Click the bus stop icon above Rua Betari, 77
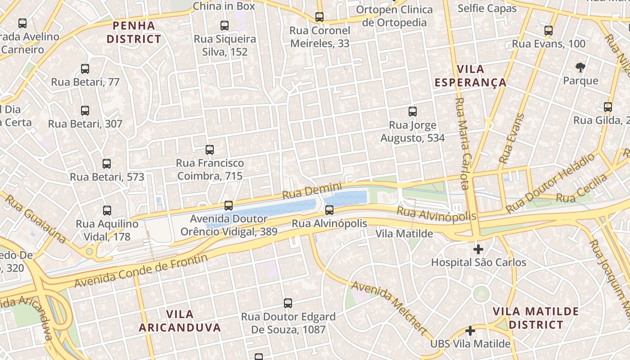85,69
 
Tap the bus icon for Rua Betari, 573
107,164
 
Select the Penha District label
134,32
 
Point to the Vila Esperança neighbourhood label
471,76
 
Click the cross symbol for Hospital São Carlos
478,249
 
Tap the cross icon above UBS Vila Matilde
470,331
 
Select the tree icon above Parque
580,67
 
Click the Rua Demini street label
312,191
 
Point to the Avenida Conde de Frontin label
141,271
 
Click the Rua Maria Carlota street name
462,144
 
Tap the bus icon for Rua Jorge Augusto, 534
412,112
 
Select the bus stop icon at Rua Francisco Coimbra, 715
209,150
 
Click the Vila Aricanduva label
180,321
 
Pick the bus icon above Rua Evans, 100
548,31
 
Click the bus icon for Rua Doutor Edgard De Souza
288,303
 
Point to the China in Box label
224,6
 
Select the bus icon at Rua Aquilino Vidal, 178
107,210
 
